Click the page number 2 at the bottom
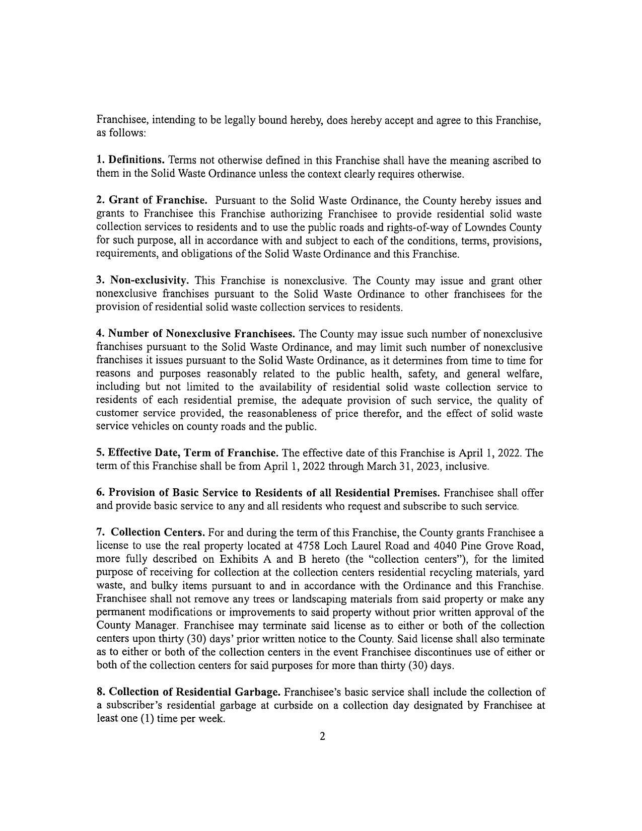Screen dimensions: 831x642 click(x=322, y=737)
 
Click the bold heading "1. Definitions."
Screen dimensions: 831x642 click(x=130, y=161)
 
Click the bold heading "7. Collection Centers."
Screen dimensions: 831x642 click(x=150, y=533)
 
